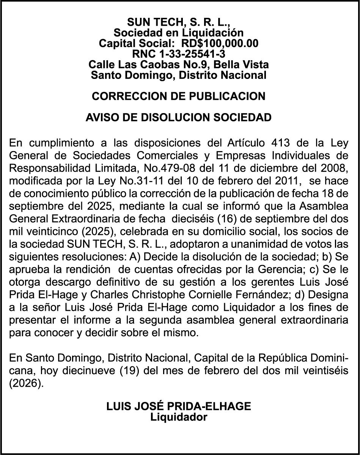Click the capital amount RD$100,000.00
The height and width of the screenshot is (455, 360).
220,43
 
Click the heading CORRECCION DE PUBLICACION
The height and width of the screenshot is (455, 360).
179,96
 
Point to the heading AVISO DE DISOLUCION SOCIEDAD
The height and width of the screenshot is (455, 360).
179,118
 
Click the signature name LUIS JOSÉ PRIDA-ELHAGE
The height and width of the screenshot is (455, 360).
179,406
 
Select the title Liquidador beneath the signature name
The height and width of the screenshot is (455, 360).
179,417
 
